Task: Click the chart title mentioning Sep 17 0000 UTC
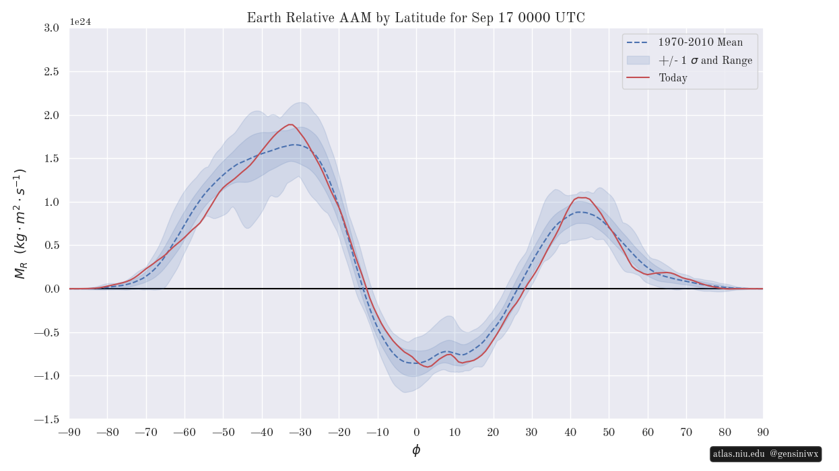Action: coord(415,18)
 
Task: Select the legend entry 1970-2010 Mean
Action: coord(700,42)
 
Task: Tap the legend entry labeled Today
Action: coord(673,78)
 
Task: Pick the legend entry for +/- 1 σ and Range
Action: coord(705,61)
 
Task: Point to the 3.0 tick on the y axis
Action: coord(51,28)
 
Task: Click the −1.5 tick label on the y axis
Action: coord(46,419)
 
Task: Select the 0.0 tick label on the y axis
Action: coord(51,289)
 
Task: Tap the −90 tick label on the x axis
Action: coord(69,432)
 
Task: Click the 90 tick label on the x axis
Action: coord(763,432)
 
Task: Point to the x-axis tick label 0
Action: coord(416,432)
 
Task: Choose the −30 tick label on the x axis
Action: coord(300,432)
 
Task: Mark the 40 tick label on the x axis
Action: coord(570,432)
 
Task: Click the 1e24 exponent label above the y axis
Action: coord(80,22)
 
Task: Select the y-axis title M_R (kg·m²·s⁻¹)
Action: coord(20,223)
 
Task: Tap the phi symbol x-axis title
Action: coord(416,450)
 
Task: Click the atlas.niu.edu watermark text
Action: coord(739,454)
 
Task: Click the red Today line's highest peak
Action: coord(290,124)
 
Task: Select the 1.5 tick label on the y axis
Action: coord(51,158)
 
